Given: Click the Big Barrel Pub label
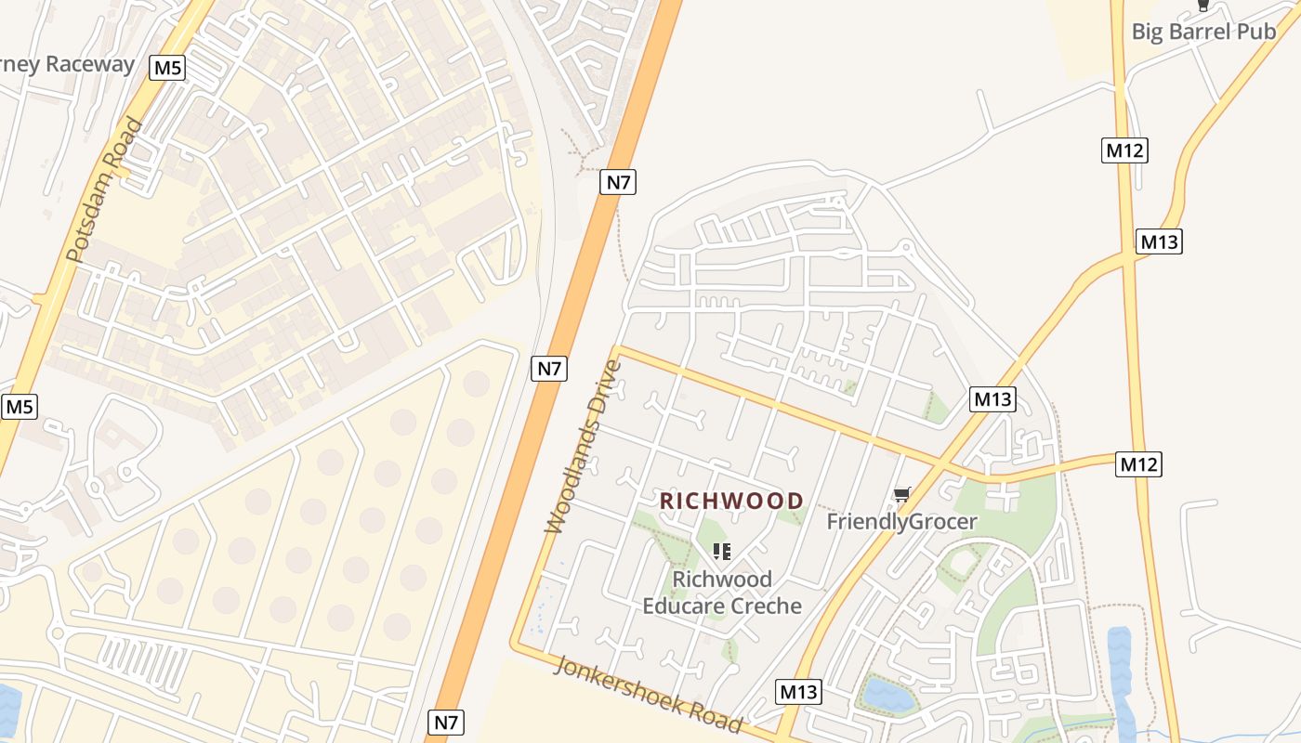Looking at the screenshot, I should (1203, 32).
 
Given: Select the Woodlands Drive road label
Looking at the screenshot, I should (583, 446).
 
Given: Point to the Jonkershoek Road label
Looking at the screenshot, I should (650, 695).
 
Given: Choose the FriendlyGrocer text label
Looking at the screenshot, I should (901, 522).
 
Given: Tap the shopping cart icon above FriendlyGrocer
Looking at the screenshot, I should (900, 494).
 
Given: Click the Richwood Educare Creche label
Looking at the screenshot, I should (722, 593).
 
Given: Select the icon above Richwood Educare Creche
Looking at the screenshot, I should (722, 552).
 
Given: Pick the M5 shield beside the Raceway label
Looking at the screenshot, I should (168, 68).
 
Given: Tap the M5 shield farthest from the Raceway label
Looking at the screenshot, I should (20, 407).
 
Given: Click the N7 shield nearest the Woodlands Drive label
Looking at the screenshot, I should (549, 369).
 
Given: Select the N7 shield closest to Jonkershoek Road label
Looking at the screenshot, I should (446, 722).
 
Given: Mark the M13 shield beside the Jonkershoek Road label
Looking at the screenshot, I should (798, 692).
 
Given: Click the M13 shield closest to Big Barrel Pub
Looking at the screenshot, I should (1159, 242).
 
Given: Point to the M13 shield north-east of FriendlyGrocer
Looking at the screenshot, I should (992, 400).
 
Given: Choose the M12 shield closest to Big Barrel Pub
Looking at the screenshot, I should (1124, 150).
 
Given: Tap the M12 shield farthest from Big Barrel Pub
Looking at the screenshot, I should (1139, 464).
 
